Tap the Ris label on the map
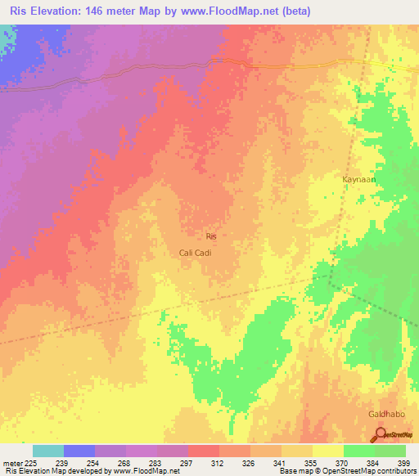[x=211, y=236]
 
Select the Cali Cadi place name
[x=196, y=253]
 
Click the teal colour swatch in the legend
[x=47, y=451]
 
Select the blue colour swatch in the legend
[x=79, y=451]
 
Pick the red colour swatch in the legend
[x=203, y=451]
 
